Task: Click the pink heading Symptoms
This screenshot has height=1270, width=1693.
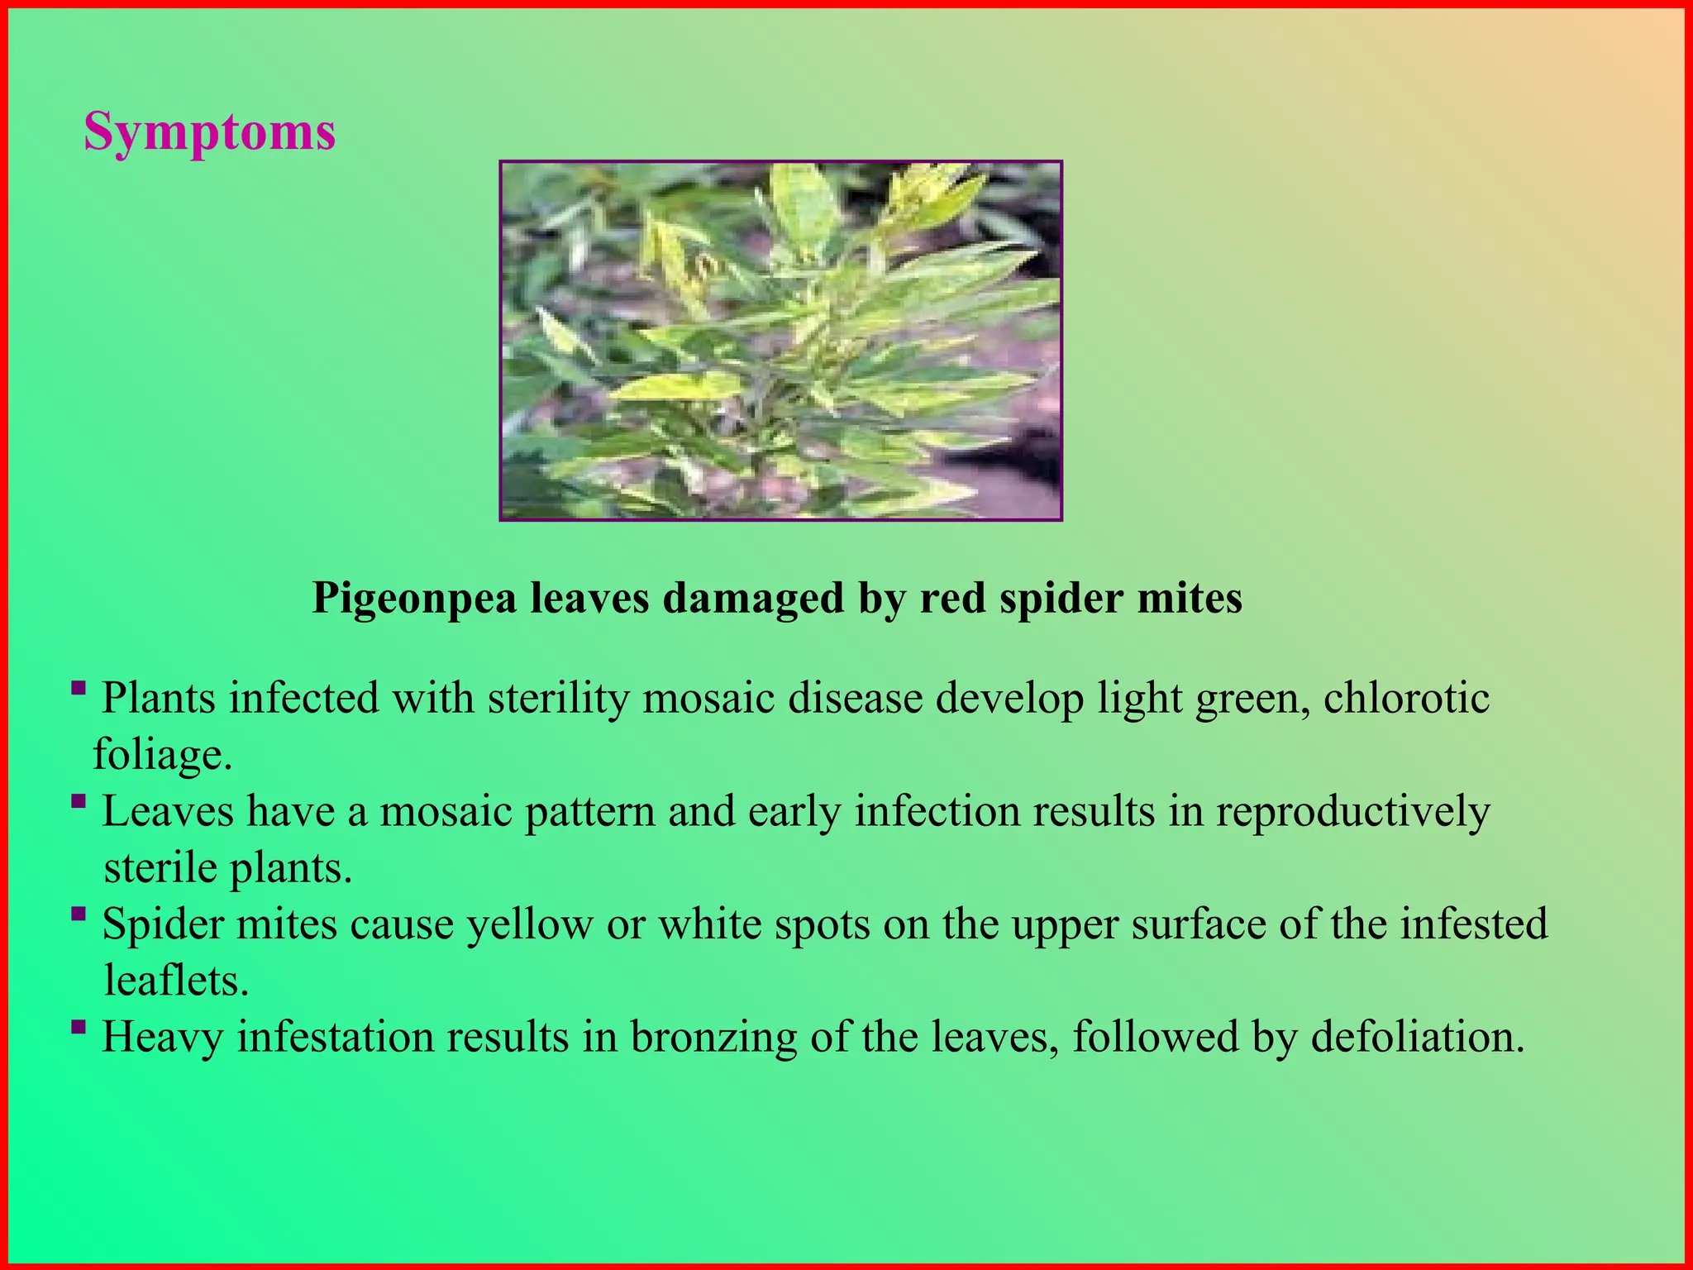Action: pos(209,131)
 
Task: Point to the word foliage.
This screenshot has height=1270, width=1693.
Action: pos(162,755)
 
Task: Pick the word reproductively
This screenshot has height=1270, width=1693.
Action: pos(1352,811)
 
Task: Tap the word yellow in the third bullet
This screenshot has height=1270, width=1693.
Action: pos(530,924)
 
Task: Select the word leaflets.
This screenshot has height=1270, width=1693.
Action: pos(176,981)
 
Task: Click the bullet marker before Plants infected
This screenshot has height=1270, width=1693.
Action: pos(79,688)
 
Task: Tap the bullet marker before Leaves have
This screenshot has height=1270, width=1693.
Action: pos(79,801)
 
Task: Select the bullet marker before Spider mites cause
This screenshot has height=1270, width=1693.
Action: pos(79,914)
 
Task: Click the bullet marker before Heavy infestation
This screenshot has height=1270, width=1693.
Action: pos(79,1027)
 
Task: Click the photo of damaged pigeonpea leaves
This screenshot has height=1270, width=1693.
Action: pos(780,341)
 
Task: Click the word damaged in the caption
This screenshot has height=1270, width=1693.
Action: pos(753,598)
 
